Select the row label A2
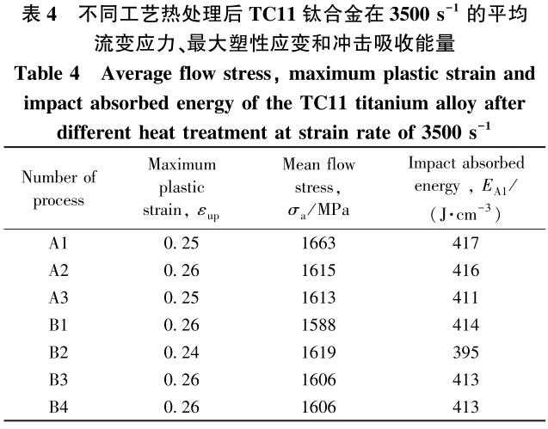tap(58, 269)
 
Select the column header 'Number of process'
tap(58, 189)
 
